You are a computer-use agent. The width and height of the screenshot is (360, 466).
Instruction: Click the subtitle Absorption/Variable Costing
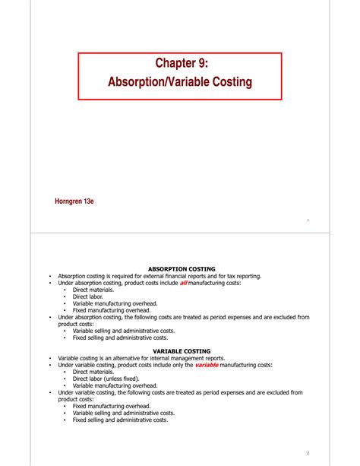point(180,81)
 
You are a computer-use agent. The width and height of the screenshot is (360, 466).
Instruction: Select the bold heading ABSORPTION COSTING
point(182,268)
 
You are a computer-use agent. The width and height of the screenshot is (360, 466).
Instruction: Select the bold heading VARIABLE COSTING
point(182,350)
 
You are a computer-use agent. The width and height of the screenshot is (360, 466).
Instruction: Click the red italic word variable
point(207,365)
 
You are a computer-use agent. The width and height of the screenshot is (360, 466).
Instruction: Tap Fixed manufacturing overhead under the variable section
point(112,406)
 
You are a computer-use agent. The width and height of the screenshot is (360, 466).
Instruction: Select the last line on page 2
point(120,420)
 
